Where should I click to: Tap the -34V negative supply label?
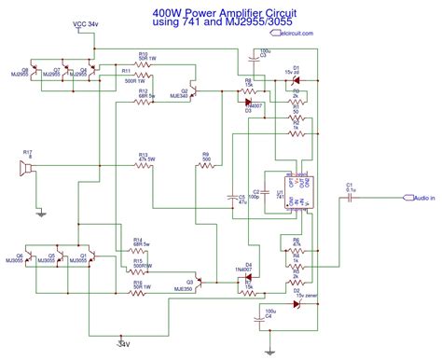123,343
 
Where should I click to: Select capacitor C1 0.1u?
350,197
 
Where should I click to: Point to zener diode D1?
297,76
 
